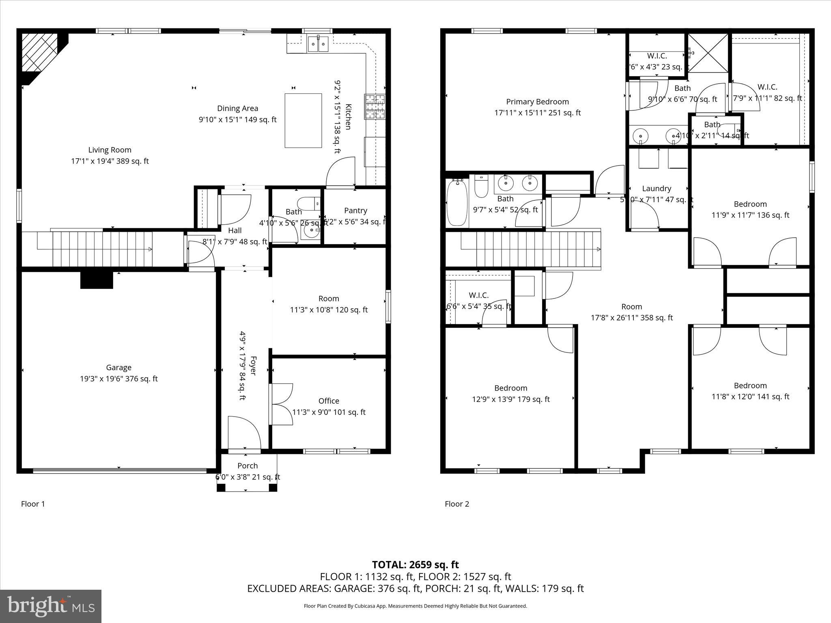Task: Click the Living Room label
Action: (110, 150)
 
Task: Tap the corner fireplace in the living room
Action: (40, 53)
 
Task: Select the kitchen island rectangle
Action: (303, 120)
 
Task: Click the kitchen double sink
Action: (318, 43)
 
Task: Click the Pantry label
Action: (355, 211)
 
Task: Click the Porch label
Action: (248, 466)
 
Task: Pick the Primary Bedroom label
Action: (537, 102)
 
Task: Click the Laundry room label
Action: (657, 189)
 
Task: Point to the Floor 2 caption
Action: (457, 504)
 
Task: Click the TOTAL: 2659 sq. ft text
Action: (415, 565)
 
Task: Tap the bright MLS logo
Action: (51, 606)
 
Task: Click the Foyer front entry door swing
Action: (244, 433)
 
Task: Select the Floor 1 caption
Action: (33, 504)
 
